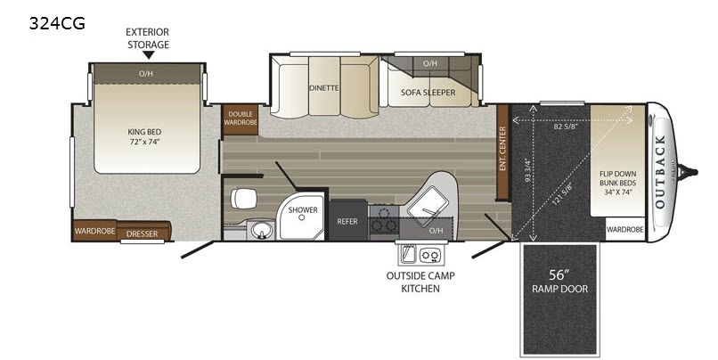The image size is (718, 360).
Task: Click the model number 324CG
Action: (x=57, y=23)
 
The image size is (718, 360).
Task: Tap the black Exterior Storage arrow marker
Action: (x=148, y=55)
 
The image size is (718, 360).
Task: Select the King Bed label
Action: (x=144, y=137)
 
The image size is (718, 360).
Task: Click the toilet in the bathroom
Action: (x=243, y=199)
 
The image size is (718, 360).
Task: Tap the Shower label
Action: (x=303, y=209)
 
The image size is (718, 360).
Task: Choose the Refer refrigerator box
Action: (x=347, y=220)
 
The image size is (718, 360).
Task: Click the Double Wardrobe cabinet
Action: (x=241, y=119)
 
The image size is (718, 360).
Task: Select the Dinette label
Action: (x=323, y=87)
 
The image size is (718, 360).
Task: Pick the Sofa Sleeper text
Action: (x=428, y=92)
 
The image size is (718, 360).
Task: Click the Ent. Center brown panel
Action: (x=502, y=152)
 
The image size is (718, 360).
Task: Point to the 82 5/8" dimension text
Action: (x=565, y=127)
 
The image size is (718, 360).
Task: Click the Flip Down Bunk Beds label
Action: (x=617, y=183)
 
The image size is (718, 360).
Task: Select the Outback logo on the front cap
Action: (x=660, y=172)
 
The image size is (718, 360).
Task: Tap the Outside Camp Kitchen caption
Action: (x=420, y=282)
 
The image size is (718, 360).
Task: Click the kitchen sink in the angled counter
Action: (x=426, y=208)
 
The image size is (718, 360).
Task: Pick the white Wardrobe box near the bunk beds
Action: (x=625, y=229)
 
